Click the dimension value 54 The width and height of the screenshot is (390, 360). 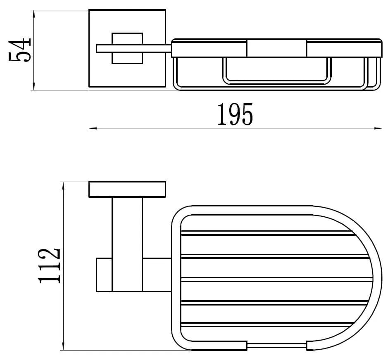pyautogui.click(x=19, y=50)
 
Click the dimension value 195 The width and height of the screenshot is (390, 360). pyautogui.click(x=235, y=114)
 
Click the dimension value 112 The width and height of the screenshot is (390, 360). pyautogui.click(x=49, y=265)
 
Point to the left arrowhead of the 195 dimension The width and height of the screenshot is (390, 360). pyautogui.click(x=93, y=128)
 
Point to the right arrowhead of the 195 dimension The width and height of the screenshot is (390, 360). pyautogui.click(x=378, y=128)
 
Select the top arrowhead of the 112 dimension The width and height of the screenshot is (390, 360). pyautogui.click(x=64, y=186)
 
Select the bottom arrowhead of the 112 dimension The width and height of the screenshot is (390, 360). pyautogui.click(x=64, y=346)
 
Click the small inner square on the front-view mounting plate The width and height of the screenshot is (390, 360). pyautogui.click(x=127, y=48)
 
